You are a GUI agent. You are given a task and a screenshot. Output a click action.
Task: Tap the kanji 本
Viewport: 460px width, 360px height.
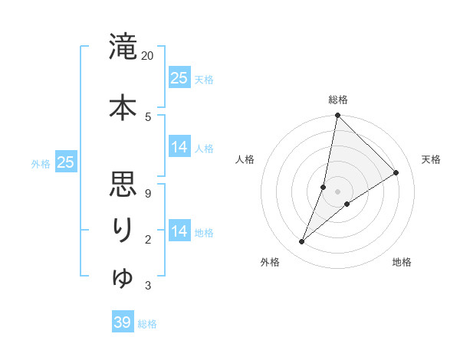coord(123,106)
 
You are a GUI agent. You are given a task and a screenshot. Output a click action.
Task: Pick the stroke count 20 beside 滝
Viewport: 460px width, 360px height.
coord(148,56)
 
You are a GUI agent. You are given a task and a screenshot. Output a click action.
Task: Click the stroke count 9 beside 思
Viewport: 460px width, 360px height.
coord(147,193)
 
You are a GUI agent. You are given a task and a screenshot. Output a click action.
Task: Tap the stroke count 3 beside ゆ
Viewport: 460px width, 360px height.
coord(147,286)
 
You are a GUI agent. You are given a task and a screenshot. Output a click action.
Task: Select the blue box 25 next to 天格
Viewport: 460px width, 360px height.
coord(179,77)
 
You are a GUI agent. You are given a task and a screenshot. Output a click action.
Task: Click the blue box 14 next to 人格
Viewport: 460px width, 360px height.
coord(179,147)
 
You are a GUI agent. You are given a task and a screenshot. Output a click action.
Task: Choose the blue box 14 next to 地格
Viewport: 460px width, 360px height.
coord(179,231)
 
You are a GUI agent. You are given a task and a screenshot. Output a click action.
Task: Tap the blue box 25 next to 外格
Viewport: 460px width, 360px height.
coord(66,162)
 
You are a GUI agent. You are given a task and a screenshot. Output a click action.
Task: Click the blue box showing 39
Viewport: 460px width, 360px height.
coord(123,322)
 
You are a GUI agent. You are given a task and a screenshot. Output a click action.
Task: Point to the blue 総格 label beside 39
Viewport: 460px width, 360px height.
coord(148,324)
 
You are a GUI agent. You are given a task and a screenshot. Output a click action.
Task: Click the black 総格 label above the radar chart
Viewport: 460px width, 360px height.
coord(338,100)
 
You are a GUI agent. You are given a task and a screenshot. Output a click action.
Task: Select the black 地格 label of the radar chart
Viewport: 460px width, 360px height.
coord(402,263)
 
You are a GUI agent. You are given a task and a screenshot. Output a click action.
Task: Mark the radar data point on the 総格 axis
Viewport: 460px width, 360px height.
coord(338,116)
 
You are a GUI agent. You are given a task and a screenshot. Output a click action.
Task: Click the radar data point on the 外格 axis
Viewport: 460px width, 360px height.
coord(302,242)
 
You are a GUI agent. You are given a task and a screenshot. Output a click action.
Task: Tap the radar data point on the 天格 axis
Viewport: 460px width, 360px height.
coord(396,172)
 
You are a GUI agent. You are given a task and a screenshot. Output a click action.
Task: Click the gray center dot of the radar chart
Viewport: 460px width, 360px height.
coord(338,191)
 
